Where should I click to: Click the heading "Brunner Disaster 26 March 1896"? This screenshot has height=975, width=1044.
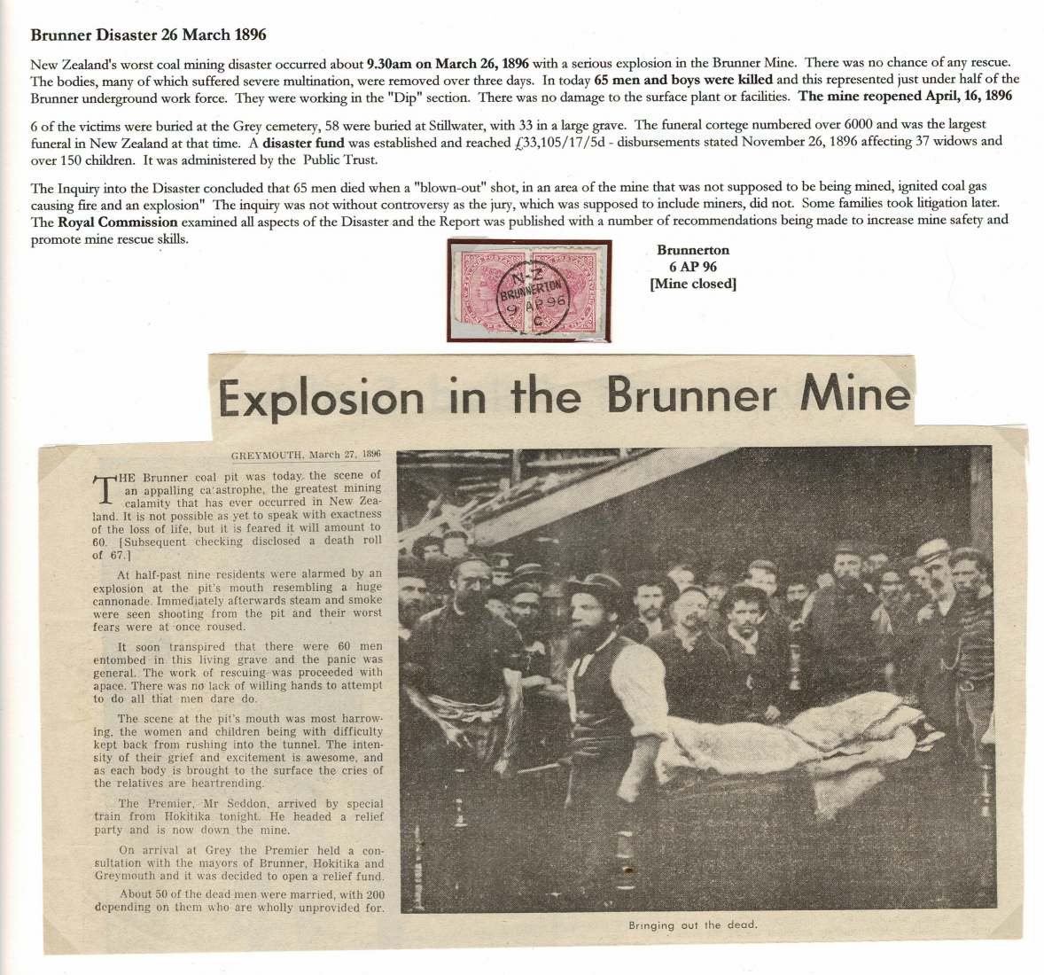coord(148,35)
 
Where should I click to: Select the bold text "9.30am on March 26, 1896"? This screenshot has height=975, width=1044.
coord(448,63)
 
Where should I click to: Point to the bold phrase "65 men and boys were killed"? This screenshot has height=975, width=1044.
coord(683,80)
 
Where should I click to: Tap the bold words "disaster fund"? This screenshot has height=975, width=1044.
coord(303,142)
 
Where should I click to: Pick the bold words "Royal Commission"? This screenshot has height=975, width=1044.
coord(117,222)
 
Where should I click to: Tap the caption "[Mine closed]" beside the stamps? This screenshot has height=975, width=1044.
coord(693,284)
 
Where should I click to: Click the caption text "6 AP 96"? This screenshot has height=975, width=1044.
coord(693,267)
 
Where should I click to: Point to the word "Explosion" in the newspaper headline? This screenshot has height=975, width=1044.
coord(322,399)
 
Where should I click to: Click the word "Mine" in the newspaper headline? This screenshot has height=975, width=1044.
coord(855,394)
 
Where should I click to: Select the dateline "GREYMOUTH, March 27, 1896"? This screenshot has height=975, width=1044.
coord(306,455)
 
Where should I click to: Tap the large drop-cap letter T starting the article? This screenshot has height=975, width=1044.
coord(105,490)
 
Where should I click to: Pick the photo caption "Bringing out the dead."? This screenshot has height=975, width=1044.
coord(693,925)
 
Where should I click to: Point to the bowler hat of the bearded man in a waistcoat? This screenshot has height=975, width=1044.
coord(593,585)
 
